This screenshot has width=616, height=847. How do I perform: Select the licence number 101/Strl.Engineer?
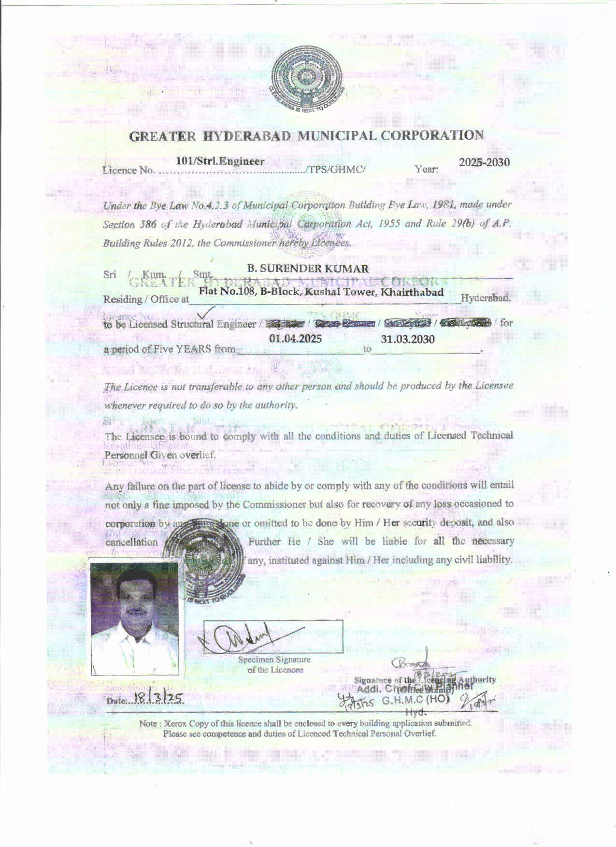[x=220, y=161]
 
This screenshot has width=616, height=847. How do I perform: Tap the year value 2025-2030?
[x=484, y=162]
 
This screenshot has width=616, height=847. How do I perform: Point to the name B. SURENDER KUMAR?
[x=308, y=269]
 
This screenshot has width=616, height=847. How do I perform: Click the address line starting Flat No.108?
[x=321, y=292]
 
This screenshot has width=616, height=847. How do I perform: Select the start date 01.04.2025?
[x=295, y=339]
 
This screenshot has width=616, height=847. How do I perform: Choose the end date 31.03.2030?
[x=407, y=339]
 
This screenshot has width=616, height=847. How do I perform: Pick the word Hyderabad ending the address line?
[x=486, y=298]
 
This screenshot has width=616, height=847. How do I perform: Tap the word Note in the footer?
[x=148, y=724]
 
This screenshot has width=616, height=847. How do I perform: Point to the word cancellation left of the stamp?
[x=131, y=542]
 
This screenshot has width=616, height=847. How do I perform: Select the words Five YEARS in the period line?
[x=193, y=348]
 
